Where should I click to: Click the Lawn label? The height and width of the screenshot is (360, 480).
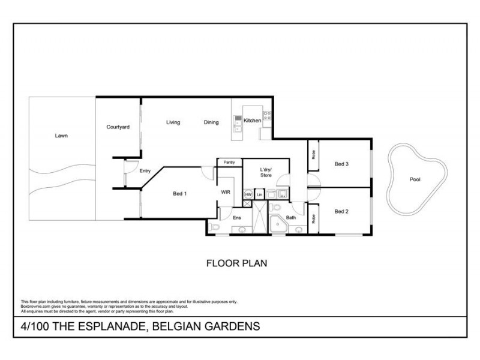61,136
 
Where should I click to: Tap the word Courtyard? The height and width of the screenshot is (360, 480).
118,127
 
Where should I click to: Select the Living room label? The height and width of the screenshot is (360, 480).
173,122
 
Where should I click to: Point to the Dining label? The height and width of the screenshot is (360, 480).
211,122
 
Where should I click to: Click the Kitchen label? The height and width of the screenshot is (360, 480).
252,121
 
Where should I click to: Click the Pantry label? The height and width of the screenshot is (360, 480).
229,163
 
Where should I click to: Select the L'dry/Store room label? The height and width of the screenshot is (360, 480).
266,172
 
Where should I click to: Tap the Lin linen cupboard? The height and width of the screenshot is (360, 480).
260,194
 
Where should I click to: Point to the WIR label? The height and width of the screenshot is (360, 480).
226,193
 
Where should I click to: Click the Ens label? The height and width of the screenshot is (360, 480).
236,218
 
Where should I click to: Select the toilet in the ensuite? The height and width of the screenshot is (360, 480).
215,227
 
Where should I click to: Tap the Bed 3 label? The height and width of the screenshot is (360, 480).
342,164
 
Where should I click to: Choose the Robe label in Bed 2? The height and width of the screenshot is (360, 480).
313,219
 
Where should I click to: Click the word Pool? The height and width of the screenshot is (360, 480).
415,179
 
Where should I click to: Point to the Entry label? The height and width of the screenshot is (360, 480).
145,171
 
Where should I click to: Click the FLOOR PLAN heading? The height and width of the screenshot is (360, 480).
236,263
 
